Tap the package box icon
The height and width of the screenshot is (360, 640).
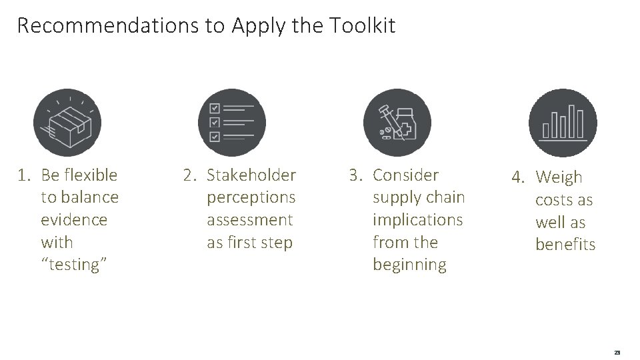[x=67, y=123]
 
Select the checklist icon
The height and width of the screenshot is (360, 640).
[x=232, y=123]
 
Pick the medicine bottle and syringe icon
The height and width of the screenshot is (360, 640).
[x=397, y=123]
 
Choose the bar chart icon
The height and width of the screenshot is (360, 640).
[x=563, y=123]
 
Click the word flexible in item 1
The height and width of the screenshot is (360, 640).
[x=89, y=175]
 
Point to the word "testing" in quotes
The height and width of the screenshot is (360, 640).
[x=75, y=265]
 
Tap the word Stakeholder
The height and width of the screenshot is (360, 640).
[x=251, y=175]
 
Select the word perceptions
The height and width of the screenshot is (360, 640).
[x=251, y=197]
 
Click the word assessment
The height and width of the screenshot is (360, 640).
[x=250, y=219]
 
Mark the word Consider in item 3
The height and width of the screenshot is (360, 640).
[x=405, y=175]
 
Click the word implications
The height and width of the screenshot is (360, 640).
[x=417, y=219]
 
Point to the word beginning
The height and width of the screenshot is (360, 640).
[x=409, y=265]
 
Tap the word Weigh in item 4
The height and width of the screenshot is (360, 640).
[x=559, y=177]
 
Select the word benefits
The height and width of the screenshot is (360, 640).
[x=565, y=245]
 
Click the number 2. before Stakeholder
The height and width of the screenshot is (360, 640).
[x=190, y=175]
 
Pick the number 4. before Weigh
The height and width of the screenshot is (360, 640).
[x=519, y=177]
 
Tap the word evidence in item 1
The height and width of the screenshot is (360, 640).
[x=74, y=219]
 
